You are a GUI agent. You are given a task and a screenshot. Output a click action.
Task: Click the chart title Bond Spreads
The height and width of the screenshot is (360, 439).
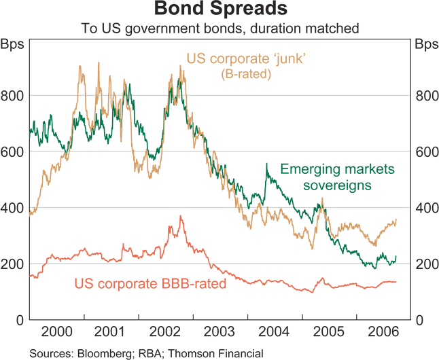[219, 10]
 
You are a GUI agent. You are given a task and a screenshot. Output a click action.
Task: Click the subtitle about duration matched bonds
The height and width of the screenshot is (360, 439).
[219, 29]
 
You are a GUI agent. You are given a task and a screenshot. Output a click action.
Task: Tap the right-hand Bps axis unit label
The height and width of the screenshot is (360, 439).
[426, 46]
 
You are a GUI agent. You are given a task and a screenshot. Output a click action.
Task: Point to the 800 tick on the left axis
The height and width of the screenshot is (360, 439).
[14, 96]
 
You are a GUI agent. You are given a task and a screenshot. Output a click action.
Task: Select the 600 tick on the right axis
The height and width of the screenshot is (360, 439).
[425, 152]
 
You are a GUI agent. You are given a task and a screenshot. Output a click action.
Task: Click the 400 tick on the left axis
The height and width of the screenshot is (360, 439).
[14, 208]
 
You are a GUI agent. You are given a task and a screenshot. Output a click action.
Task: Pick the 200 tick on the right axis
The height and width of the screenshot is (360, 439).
[425, 264]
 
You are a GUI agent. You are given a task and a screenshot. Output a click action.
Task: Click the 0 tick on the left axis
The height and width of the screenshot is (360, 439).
[20, 320]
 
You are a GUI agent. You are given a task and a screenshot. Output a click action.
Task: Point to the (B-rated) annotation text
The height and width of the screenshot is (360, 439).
[245, 74]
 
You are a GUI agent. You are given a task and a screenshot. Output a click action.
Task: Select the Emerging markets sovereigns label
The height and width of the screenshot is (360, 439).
[328, 177]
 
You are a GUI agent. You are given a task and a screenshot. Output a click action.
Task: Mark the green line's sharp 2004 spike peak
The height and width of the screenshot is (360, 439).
[266, 164]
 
